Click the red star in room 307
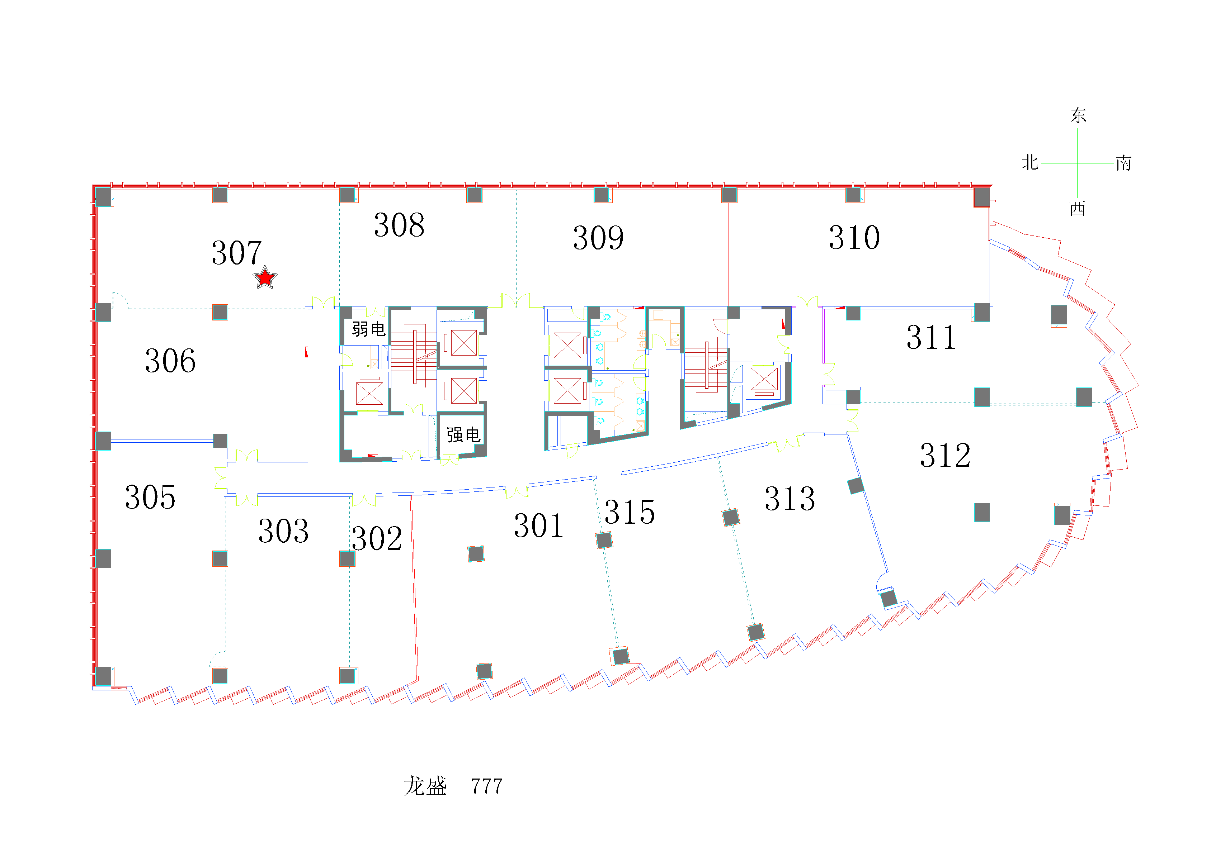pyautogui.click(x=265, y=277)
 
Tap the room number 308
pyautogui.click(x=399, y=225)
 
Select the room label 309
pyautogui.click(x=598, y=238)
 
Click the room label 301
pyautogui.click(x=539, y=526)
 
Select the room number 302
pyautogui.click(x=377, y=539)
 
